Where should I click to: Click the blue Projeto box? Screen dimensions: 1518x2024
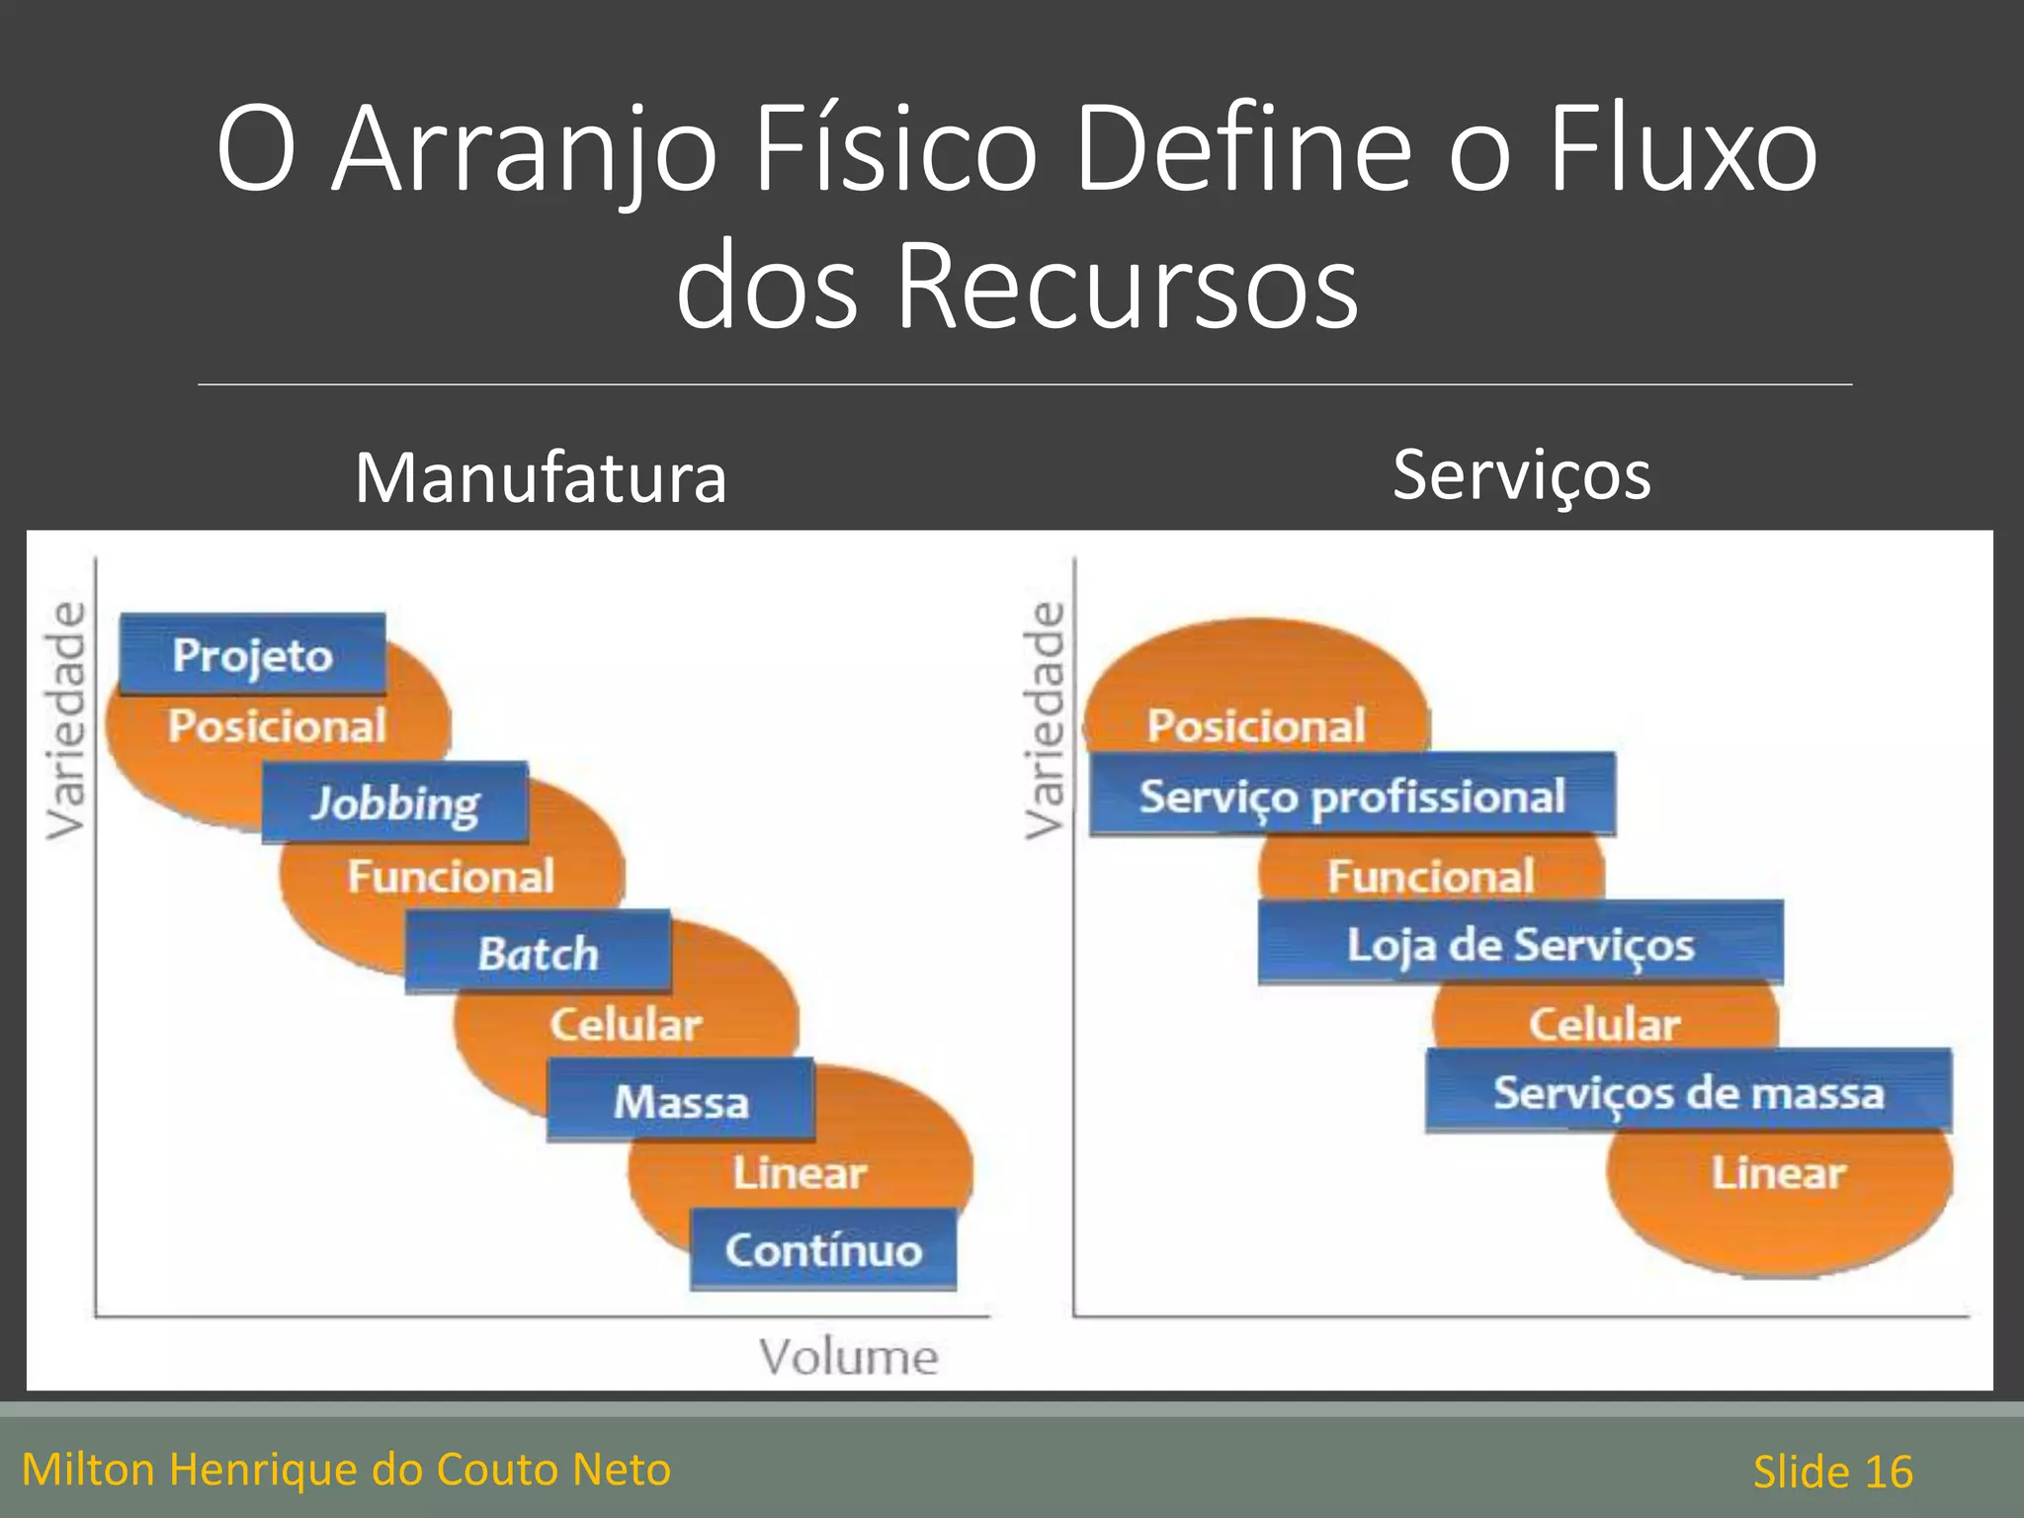252,653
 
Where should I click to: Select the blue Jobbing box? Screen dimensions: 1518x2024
394,801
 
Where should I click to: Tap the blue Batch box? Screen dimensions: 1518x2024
538,952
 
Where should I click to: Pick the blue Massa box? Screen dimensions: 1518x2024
680,1100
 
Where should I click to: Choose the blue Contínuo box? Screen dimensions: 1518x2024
823,1249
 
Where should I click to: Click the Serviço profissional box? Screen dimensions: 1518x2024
1352,795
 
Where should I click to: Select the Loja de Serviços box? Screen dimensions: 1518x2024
1520,943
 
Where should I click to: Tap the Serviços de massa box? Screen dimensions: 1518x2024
1688,1091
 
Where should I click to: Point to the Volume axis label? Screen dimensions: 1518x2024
848,1356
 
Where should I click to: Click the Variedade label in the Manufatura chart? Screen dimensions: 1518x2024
65,720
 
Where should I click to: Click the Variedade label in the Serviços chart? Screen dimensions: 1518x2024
1044,720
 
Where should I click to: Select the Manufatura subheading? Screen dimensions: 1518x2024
541,477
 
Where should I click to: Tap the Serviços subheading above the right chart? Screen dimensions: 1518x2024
1521,475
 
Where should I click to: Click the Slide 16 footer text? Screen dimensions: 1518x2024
1832,1472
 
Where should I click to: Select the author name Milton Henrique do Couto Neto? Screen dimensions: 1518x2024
346,1470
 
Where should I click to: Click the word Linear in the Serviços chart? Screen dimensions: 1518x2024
1778,1173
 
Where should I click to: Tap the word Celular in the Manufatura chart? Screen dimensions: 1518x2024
626,1024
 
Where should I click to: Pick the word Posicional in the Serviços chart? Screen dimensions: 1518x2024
1256,724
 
